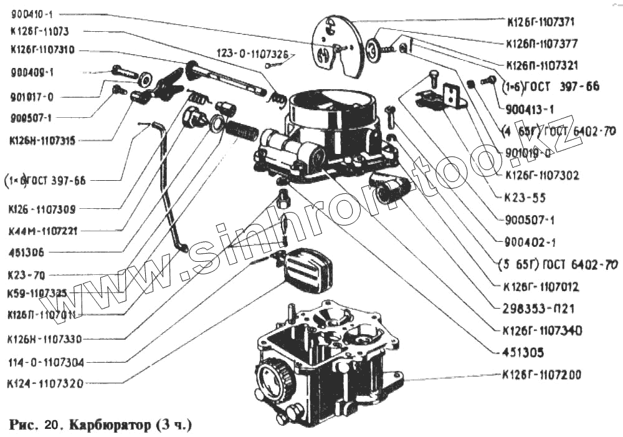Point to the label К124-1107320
[45, 383]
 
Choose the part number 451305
[522, 353]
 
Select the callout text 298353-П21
[533, 309]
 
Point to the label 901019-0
[528, 153]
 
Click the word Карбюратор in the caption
[110, 426]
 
